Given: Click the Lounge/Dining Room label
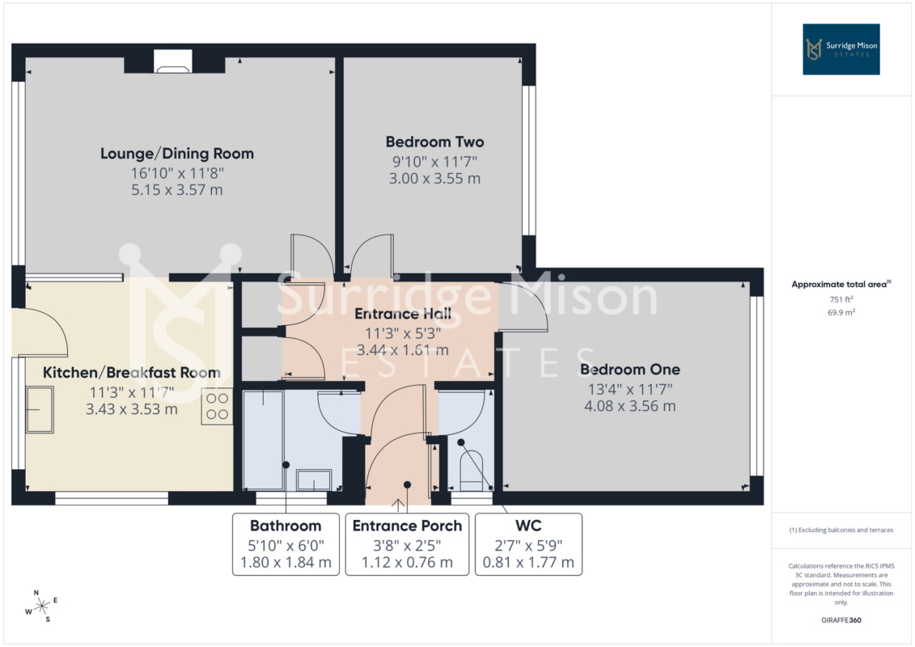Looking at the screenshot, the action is click(177, 154).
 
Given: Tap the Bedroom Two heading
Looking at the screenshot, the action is click(434, 142).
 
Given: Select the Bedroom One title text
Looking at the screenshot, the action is click(630, 370).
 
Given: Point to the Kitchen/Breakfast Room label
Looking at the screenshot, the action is click(132, 372).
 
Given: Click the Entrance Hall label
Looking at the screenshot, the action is click(403, 314).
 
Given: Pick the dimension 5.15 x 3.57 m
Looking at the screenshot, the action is click(177, 189).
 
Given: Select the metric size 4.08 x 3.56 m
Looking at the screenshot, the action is click(630, 406).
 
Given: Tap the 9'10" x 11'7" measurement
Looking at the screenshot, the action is click(434, 162).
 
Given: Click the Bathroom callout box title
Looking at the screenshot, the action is click(286, 526).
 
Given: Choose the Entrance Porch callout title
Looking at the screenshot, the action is click(407, 526).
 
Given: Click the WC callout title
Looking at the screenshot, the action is click(528, 526).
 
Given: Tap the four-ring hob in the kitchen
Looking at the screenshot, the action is click(217, 406).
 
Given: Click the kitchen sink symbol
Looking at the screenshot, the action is click(40, 409).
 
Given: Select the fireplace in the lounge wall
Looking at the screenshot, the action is click(173, 61).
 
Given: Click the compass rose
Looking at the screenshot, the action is click(41, 607).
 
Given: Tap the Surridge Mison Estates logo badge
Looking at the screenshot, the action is click(841, 49).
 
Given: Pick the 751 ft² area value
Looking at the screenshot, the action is click(841, 299).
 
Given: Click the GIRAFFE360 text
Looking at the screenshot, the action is click(841, 620).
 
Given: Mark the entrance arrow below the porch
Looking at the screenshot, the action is click(399, 505).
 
